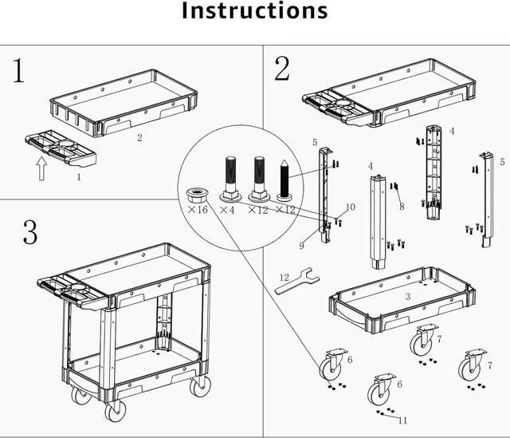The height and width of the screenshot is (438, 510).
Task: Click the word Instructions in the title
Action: coord(254,11)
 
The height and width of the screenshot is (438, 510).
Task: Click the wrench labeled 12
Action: coord(298,283)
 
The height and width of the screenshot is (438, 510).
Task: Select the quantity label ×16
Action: coord(198,210)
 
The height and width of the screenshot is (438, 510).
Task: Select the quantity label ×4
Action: coord(227,210)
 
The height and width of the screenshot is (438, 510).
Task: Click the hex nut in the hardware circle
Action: coord(197,195)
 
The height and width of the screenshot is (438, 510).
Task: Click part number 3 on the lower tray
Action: coord(407,296)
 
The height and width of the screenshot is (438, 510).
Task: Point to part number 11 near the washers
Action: coord(402,420)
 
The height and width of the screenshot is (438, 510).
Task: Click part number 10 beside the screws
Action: coord(350,207)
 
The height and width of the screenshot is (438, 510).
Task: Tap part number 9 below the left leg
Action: coord(302,246)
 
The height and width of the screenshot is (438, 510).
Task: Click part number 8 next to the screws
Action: coord(402,207)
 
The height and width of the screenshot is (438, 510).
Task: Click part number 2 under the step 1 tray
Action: coord(139,138)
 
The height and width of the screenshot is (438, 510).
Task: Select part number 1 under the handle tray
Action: coord(78,178)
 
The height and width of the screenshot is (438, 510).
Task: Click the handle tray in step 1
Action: coord(61,149)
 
